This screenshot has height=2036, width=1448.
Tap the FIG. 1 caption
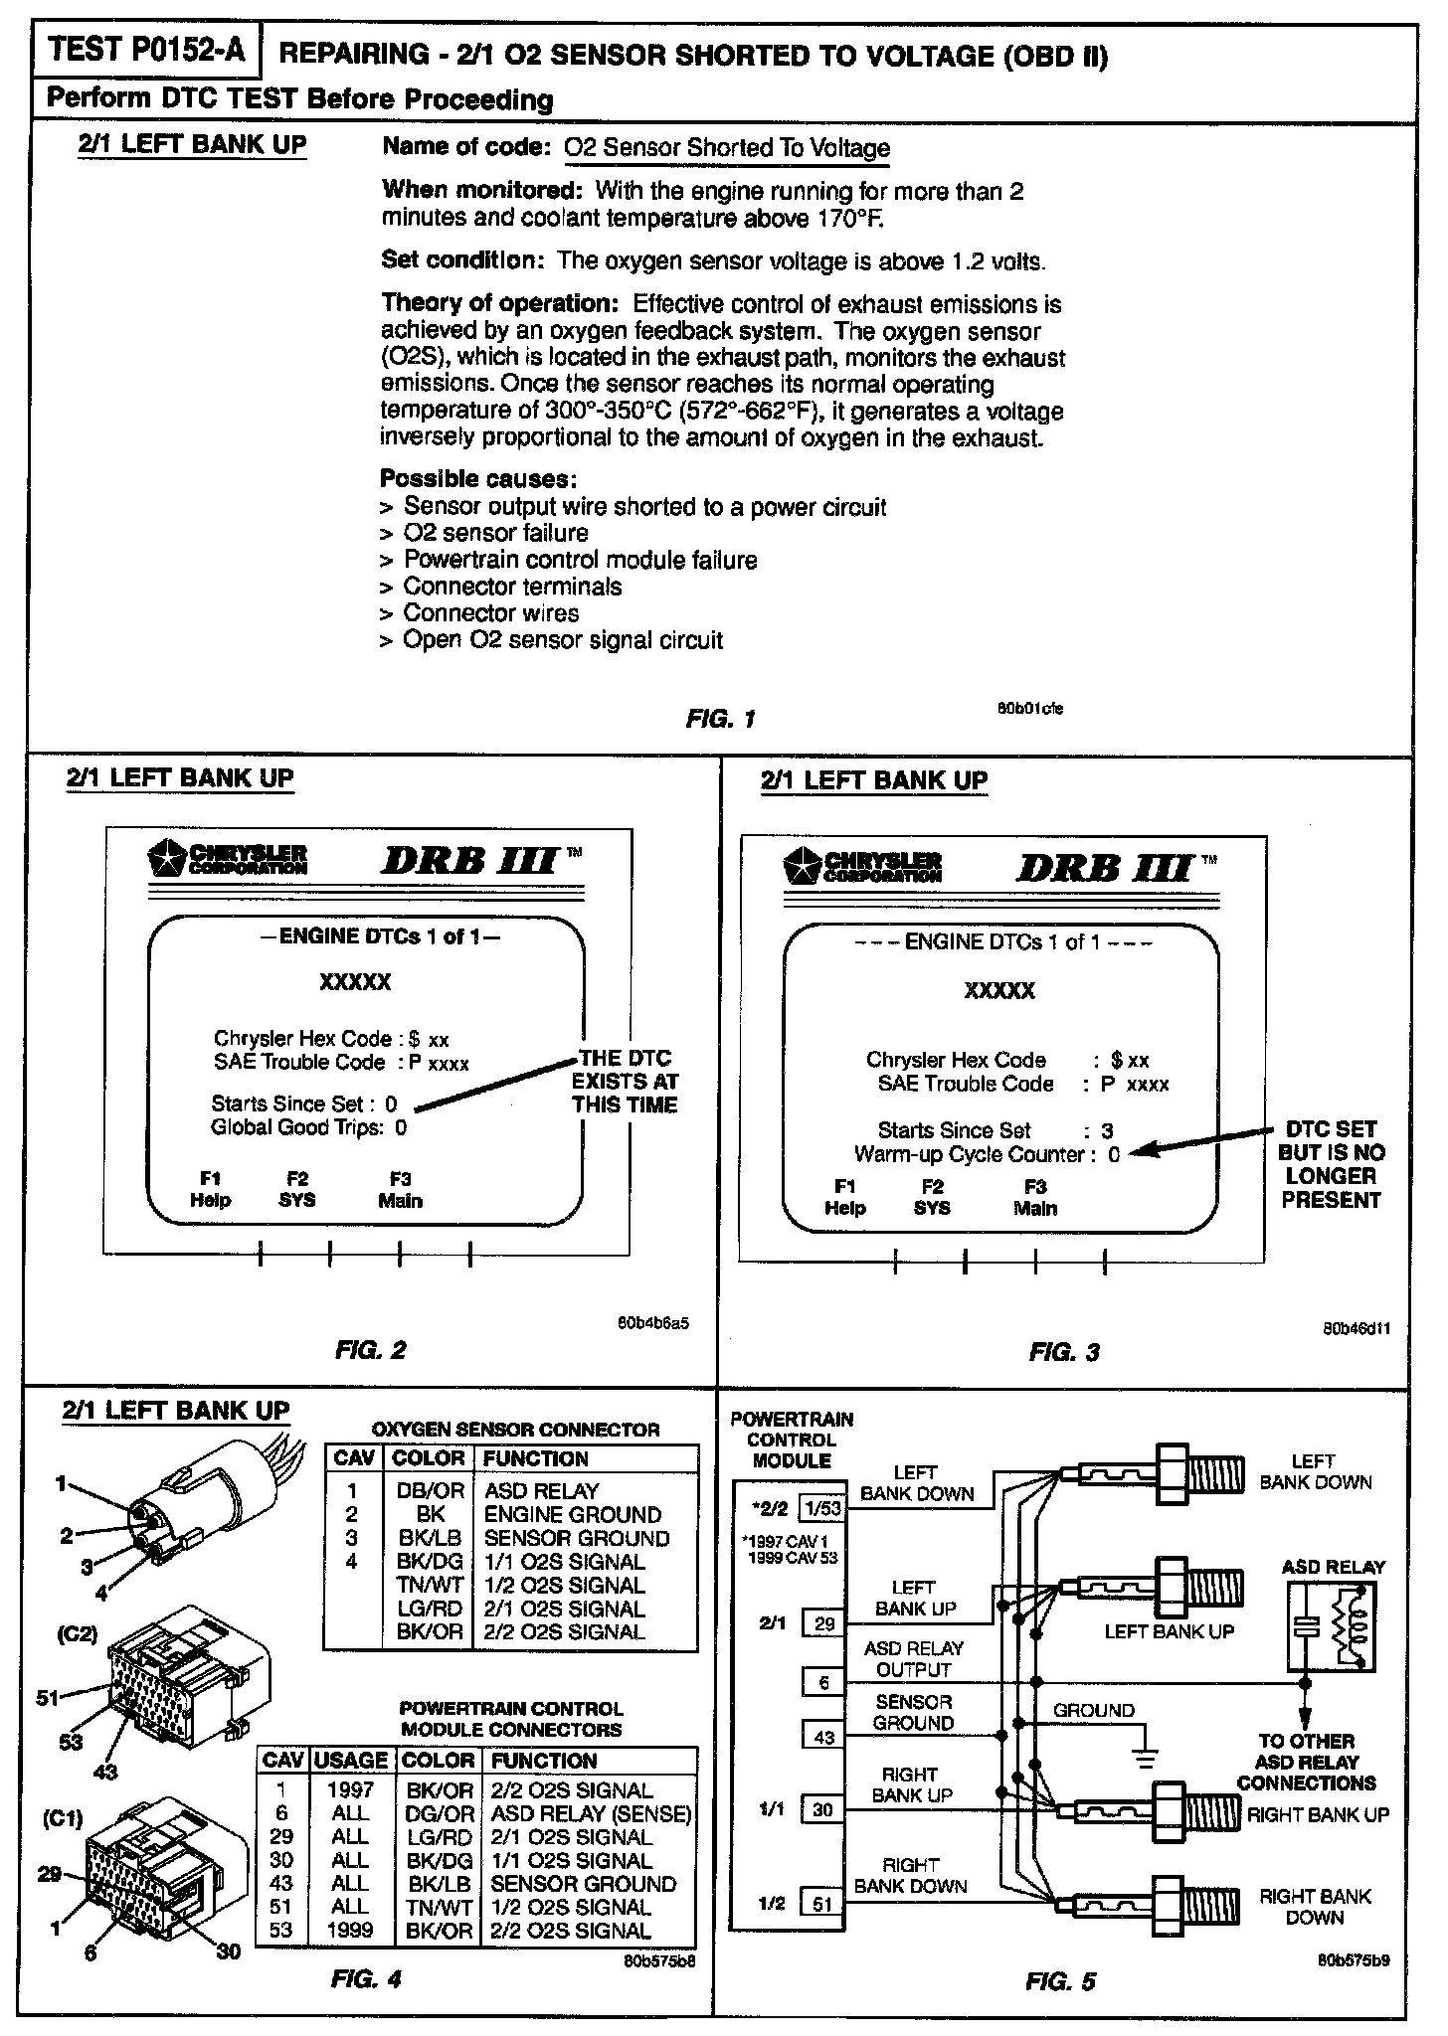click(x=720, y=718)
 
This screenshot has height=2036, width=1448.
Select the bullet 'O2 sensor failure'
click(x=495, y=533)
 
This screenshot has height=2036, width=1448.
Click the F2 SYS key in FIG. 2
click(x=296, y=1189)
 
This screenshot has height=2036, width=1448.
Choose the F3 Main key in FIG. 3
click(x=1034, y=1198)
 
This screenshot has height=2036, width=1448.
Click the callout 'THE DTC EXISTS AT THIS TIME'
click(x=625, y=1082)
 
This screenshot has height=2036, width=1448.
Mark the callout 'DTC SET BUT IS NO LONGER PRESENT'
click(x=1331, y=1164)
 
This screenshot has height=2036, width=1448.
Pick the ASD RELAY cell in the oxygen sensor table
click(x=542, y=1491)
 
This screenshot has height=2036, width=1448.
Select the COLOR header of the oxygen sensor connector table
click(x=429, y=1458)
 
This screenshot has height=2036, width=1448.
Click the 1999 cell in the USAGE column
click(x=350, y=1931)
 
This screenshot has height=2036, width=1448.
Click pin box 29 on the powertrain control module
click(x=823, y=1624)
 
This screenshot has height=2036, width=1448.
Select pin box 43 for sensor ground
click(x=823, y=1737)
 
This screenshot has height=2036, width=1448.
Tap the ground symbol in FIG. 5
click(x=1147, y=1759)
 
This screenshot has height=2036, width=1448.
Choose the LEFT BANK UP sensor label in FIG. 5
click(x=1169, y=1631)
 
